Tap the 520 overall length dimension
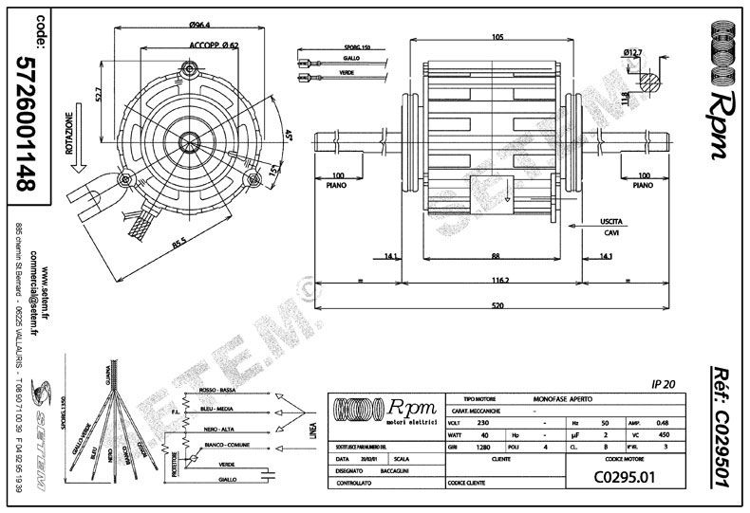tap(497, 305)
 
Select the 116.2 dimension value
tap(497, 281)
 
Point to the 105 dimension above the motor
tap(497, 36)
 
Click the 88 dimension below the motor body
tap(496, 255)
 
